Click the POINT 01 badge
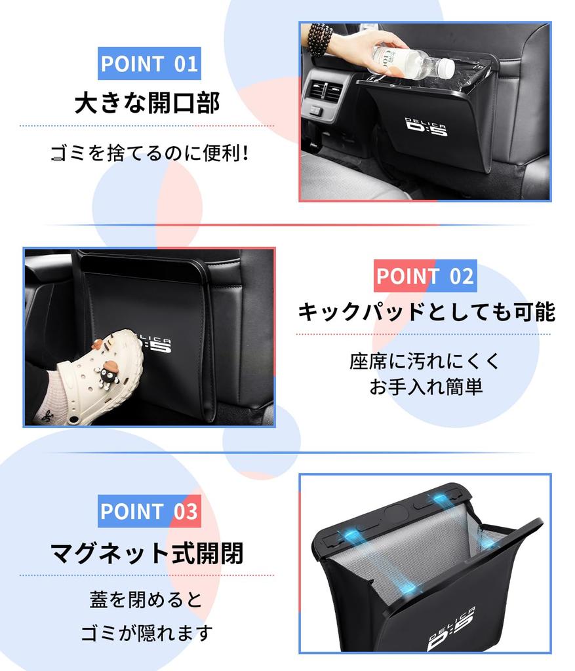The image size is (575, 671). (149, 64)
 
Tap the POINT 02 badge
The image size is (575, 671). (425, 276)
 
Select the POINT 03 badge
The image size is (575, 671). (149, 511)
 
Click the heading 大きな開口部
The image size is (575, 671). (148, 103)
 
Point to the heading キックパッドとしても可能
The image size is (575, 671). (426, 311)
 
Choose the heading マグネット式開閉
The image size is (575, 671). (147, 553)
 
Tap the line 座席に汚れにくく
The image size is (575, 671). (424, 361)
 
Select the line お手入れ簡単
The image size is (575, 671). (426, 386)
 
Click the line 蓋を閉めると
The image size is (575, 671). (146, 599)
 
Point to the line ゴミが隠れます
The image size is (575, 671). (147, 632)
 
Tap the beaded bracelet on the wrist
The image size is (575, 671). (321, 39)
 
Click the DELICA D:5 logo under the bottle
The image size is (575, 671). (426, 127)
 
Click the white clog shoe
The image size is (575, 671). (101, 373)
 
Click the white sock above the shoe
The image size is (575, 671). (57, 393)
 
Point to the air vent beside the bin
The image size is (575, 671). (325, 88)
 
